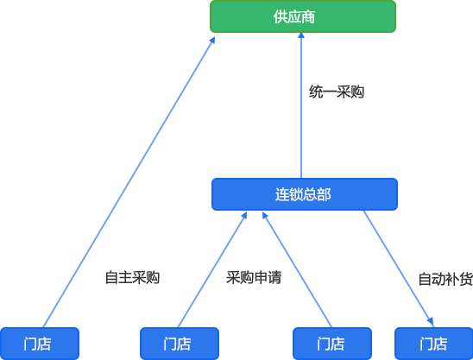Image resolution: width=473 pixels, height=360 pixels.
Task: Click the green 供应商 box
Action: click(x=303, y=16)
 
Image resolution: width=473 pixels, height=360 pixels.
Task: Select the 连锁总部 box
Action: click(x=305, y=194)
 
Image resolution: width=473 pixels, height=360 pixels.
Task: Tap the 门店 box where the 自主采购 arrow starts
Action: click(x=40, y=344)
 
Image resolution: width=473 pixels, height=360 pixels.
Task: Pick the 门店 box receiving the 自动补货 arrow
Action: click(x=434, y=344)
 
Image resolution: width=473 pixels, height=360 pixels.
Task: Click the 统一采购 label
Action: click(x=337, y=92)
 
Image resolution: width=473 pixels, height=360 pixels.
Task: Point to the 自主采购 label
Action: click(x=132, y=278)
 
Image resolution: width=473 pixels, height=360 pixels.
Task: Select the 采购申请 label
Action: click(x=254, y=278)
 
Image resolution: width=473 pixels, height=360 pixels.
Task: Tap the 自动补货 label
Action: click(x=445, y=279)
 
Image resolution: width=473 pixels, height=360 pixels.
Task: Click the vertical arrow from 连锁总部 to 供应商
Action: click(x=301, y=105)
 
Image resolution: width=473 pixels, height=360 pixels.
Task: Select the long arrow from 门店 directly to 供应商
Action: click(x=129, y=182)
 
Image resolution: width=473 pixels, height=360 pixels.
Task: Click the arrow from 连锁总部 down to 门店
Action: click(x=399, y=268)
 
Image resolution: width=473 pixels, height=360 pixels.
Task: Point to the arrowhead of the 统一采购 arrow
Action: click(x=301, y=35)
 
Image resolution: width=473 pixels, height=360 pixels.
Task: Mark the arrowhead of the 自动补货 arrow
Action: click(x=431, y=322)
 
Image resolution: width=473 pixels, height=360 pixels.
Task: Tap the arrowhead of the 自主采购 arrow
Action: click(x=212, y=40)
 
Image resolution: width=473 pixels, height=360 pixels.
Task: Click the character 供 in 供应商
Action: click(x=281, y=16)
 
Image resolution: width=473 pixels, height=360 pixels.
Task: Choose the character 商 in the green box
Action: click(x=308, y=16)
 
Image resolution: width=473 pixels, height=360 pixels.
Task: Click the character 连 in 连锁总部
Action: click(x=282, y=194)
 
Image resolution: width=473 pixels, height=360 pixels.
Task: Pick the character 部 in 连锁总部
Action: click(x=324, y=194)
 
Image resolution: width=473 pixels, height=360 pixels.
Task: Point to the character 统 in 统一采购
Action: click(x=316, y=92)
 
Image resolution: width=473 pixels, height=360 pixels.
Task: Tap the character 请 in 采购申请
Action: click(x=274, y=278)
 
